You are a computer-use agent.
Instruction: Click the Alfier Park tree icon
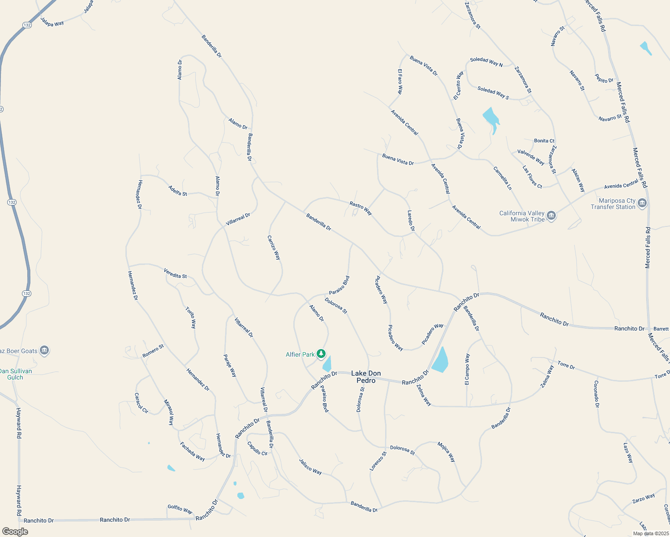tap(321, 354)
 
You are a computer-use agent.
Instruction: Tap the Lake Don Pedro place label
tap(366, 377)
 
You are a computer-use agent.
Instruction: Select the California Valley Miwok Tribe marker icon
tap(551, 216)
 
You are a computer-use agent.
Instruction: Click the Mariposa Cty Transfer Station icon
tap(642, 204)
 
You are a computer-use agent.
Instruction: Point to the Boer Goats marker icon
tap(44, 350)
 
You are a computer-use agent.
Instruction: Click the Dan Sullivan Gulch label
tap(16, 374)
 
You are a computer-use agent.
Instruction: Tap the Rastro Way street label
tap(361, 208)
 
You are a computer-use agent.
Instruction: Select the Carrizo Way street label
tap(274, 248)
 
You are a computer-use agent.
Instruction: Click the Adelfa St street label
tap(178, 191)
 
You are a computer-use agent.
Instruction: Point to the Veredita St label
tap(175, 273)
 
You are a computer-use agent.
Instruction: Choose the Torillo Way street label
tap(191, 317)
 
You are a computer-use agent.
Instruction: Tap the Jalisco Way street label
tap(310, 466)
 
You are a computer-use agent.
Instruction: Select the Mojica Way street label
tap(446, 452)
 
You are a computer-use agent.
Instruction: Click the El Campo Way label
tap(467, 369)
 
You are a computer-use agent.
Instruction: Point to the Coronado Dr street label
tap(596, 394)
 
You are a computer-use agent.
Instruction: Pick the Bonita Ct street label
tap(544, 141)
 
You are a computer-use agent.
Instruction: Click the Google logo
tap(15, 532)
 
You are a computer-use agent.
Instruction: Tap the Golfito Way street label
tap(180, 509)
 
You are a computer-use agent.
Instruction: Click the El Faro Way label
tap(400, 81)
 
